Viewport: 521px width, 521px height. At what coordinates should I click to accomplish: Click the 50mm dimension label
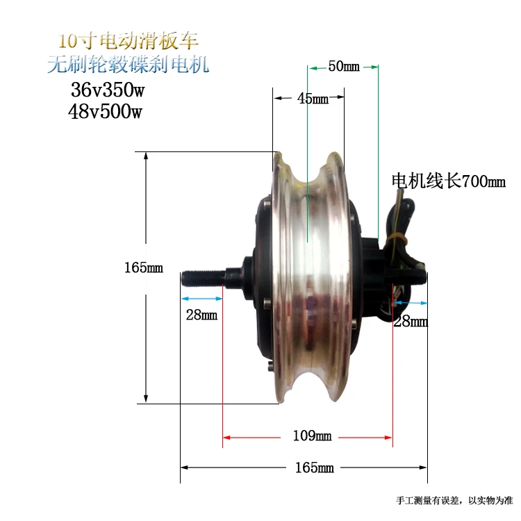click(x=344, y=66)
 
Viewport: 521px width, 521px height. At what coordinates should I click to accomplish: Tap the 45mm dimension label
click(x=313, y=99)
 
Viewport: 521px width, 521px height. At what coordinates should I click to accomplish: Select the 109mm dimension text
click(x=312, y=436)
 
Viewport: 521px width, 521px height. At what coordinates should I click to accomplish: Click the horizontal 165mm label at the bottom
click(x=314, y=468)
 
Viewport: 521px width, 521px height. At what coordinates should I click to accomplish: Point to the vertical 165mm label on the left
click(x=144, y=267)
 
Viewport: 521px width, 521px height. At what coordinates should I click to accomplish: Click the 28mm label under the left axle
click(x=201, y=315)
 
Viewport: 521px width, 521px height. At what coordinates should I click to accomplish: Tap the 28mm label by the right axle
click(x=411, y=322)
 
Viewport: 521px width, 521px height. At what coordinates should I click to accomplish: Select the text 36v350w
click(x=108, y=90)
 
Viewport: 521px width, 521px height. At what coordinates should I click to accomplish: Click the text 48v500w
click(x=106, y=111)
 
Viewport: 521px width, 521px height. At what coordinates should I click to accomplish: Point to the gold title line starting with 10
click(x=129, y=41)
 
